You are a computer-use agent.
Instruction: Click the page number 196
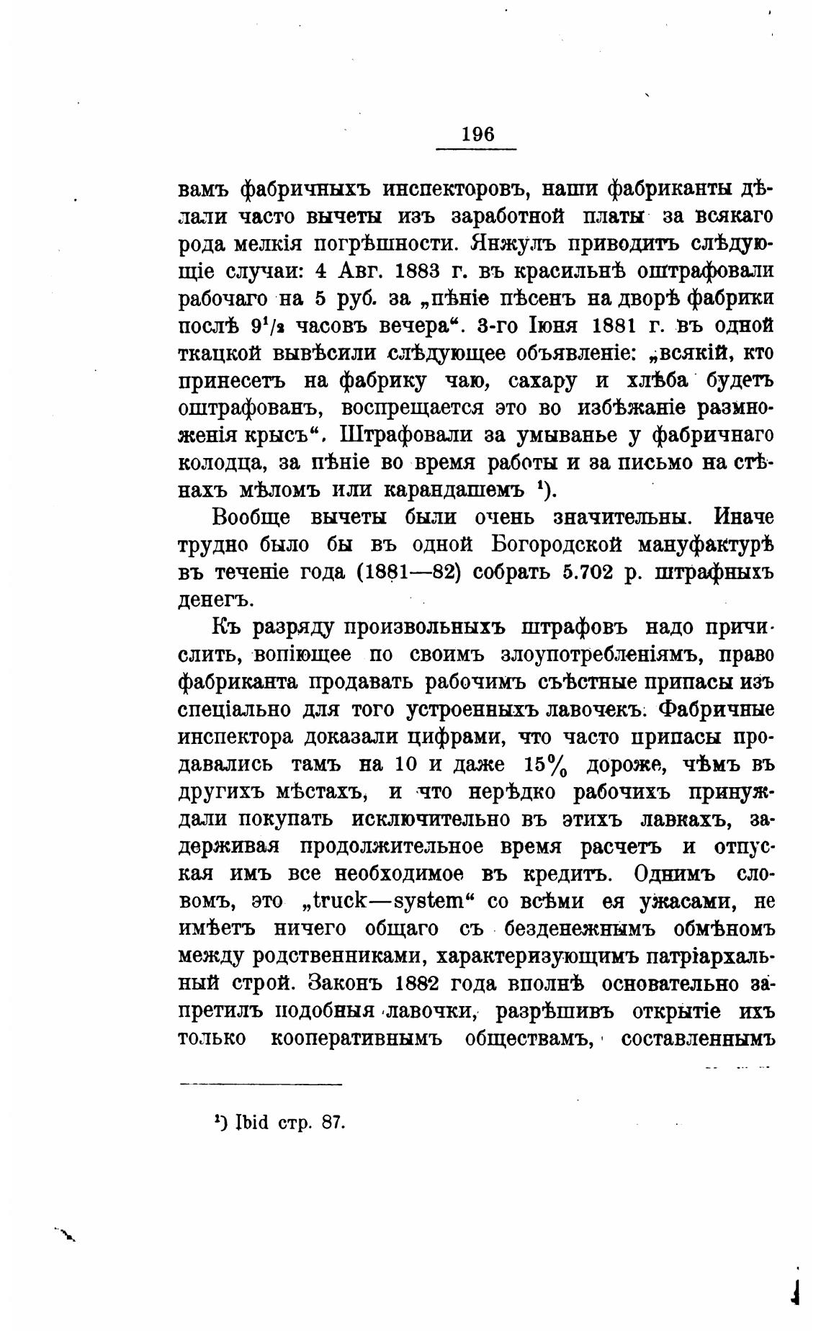pyautogui.click(x=477, y=135)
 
